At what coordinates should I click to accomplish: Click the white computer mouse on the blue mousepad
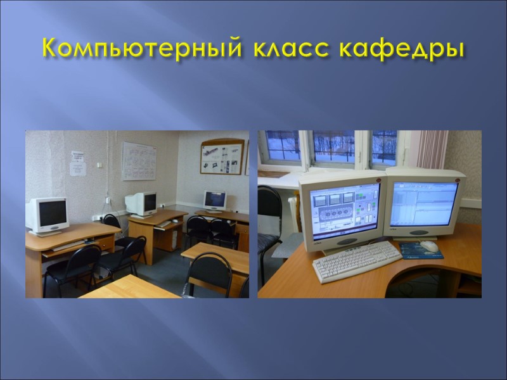tap(428, 245)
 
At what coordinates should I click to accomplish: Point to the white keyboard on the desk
tap(356, 260)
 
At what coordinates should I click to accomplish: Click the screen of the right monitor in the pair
tap(421, 203)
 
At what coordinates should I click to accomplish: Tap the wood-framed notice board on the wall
tap(222, 158)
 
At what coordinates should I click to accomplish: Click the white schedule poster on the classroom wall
tap(139, 161)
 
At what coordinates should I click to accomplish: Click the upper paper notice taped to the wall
tap(77, 155)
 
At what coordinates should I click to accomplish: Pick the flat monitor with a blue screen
tap(215, 200)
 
